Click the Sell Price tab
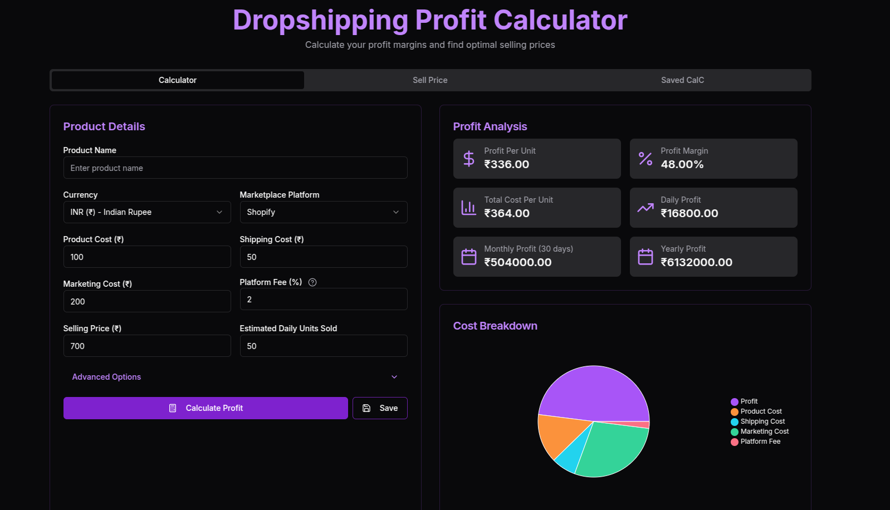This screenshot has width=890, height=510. click(x=430, y=80)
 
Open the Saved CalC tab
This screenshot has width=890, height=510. click(x=682, y=80)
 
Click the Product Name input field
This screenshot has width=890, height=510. click(x=235, y=168)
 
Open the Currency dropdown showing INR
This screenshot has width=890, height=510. click(x=146, y=212)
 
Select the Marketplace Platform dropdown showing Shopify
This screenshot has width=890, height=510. click(x=323, y=212)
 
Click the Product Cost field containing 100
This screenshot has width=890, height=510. click(x=146, y=257)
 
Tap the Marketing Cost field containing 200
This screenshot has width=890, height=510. click(x=146, y=301)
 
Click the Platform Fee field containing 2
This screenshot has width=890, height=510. click(x=323, y=299)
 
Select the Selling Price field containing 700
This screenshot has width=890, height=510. click(x=146, y=346)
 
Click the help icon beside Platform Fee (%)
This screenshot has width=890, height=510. click(x=312, y=282)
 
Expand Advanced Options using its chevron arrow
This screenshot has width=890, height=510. click(x=394, y=377)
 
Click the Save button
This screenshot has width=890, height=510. click(x=380, y=408)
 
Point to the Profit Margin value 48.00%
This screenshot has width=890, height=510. click(x=682, y=164)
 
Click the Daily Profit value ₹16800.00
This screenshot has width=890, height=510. click(x=689, y=213)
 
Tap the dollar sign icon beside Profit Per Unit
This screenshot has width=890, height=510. click(x=469, y=159)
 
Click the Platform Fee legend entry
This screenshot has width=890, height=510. click(x=760, y=442)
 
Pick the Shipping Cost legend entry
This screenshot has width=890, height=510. click(x=762, y=421)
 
